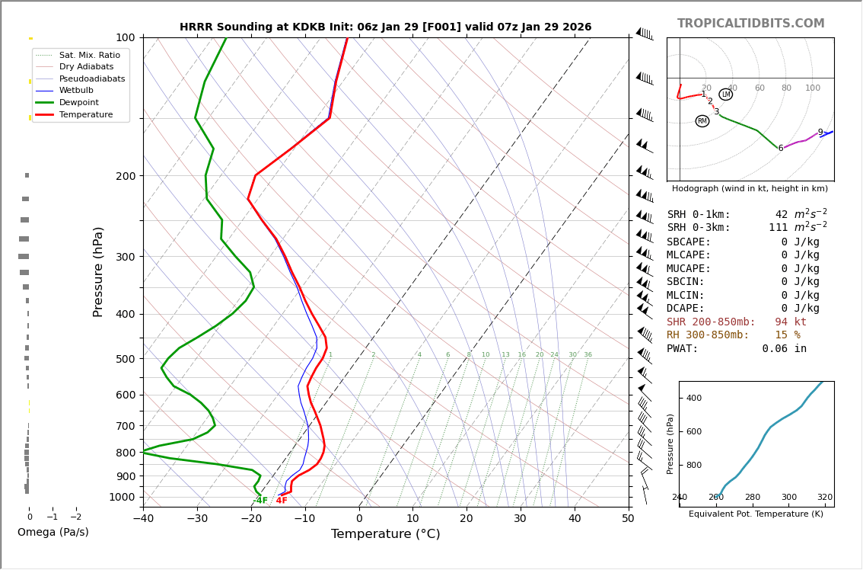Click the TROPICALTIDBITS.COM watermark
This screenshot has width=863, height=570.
pyautogui.click(x=750, y=24)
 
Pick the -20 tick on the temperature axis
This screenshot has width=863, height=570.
pyautogui.click(x=251, y=519)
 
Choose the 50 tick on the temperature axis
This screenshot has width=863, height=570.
pyautogui.click(x=628, y=519)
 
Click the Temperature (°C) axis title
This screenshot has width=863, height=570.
pyautogui.click(x=385, y=534)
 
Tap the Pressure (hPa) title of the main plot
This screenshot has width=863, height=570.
pyautogui.click(x=98, y=271)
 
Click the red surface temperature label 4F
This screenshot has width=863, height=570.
pyautogui.click(x=282, y=501)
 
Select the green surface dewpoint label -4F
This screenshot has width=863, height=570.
pyautogui.click(x=260, y=501)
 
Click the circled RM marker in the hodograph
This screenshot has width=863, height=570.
pyautogui.click(x=702, y=121)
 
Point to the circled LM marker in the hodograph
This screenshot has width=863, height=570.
pyautogui.click(x=725, y=94)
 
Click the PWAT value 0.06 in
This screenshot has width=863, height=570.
pyautogui.click(x=784, y=349)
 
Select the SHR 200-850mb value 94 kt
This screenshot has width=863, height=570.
pyautogui.click(x=790, y=322)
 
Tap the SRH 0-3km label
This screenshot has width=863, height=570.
pyautogui.click(x=699, y=228)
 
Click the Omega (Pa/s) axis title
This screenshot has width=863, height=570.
pyautogui.click(x=53, y=532)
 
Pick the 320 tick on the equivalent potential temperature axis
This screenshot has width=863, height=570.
pyautogui.click(x=825, y=498)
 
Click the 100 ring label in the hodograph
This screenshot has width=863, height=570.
pyautogui.click(x=813, y=88)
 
